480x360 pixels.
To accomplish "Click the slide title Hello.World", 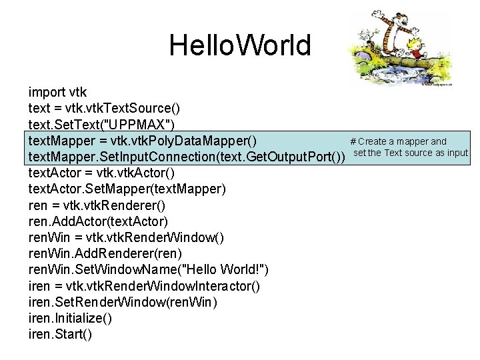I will [239, 45].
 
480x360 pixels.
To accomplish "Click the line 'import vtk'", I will [57, 91].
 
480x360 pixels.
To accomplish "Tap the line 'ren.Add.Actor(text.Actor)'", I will [97, 221].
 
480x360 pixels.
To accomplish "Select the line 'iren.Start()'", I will [60, 334].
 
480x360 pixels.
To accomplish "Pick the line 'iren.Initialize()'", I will [70, 318].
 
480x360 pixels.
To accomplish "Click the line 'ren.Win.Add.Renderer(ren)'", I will [105, 253].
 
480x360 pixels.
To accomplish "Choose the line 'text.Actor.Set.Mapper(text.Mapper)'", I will [127, 189].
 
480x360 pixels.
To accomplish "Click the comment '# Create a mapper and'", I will [398, 141].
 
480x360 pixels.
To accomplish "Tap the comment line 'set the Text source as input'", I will [411, 153].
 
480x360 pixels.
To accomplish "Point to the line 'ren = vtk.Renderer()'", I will [97, 205].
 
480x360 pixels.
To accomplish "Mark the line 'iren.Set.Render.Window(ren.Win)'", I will [123, 302].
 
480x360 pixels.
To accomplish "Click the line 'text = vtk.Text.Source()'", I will [103, 107].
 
